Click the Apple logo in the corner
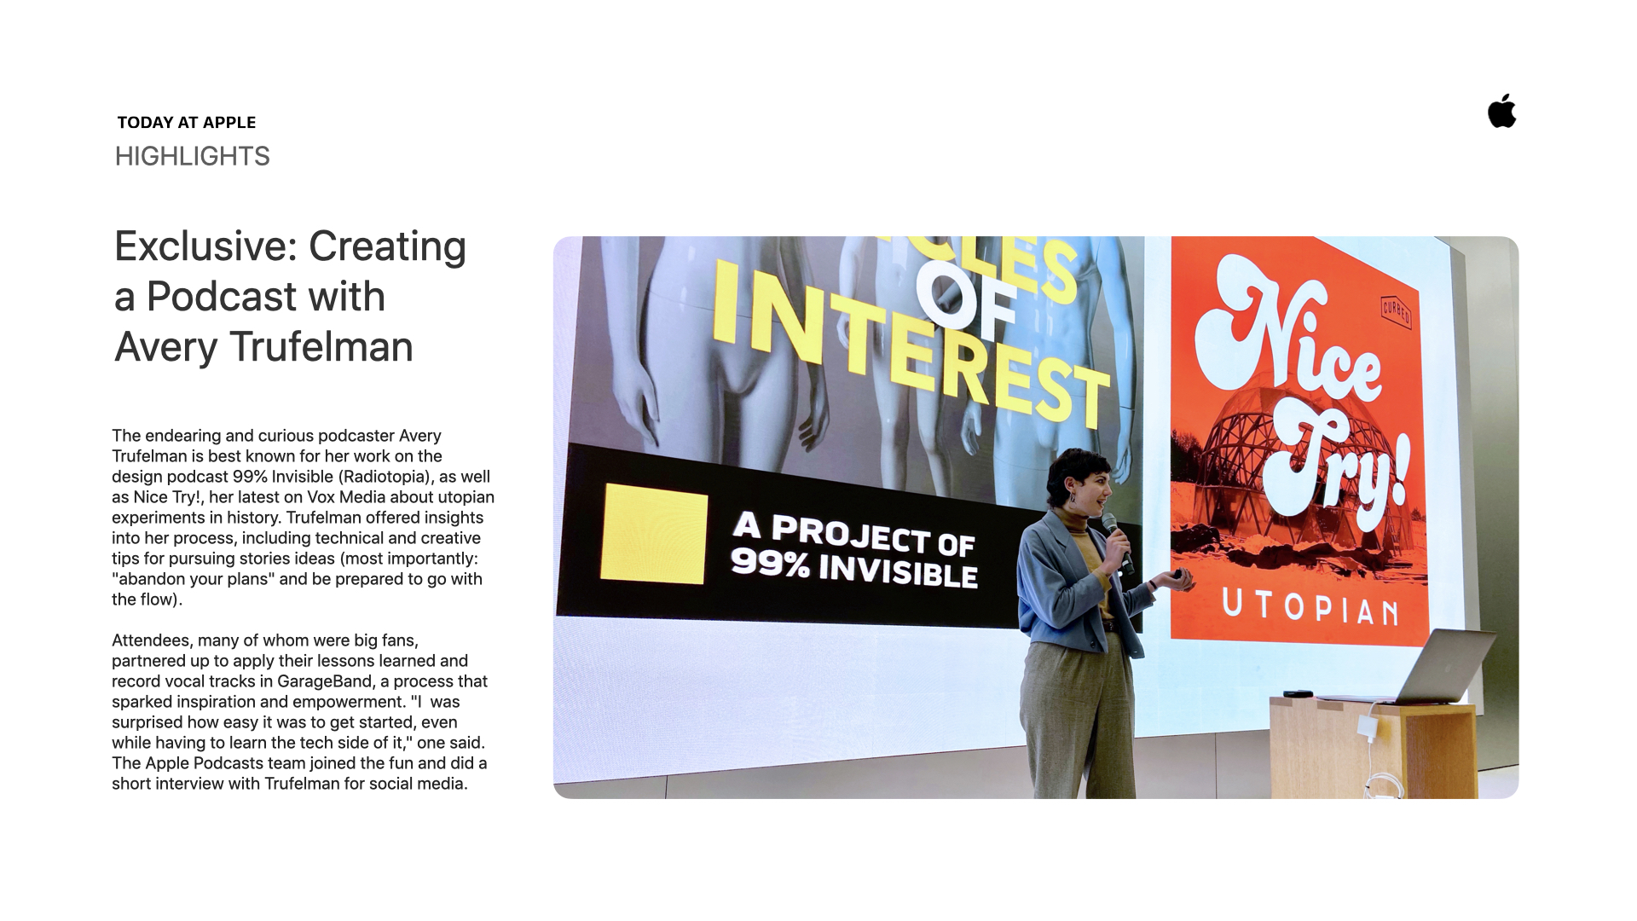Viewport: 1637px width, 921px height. [1502, 111]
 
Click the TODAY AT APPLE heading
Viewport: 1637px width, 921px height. [187, 122]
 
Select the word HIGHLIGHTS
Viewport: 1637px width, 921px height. [192, 156]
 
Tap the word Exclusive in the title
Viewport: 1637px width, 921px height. [205, 246]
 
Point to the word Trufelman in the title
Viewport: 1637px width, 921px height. [321, 347]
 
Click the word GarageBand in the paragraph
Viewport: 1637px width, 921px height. [325, 681]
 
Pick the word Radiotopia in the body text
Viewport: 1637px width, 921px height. [390, 477]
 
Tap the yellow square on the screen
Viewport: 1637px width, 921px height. [654, 534]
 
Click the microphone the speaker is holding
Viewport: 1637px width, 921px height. [1118, 542]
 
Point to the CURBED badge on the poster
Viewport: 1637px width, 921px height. [1396, 311]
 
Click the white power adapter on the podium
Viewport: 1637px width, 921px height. [1368, 727]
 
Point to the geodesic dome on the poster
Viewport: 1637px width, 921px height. [1236, 448]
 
